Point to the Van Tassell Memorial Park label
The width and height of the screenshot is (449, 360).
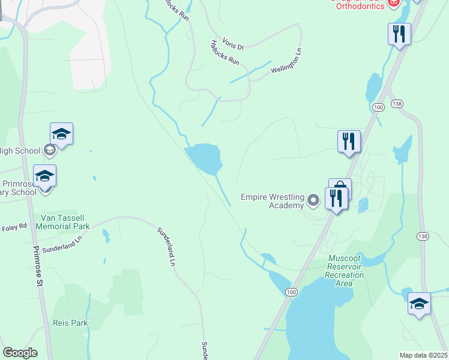(x=62, y=222)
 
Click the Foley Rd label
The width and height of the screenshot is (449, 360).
(x=14, y=227)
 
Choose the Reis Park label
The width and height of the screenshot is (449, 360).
(x=70, y=323)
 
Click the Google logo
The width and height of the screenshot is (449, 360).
(x=20, y=353)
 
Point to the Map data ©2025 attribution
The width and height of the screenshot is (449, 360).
(x=423, y=355)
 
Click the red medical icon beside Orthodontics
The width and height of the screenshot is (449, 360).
(x=394, y=2)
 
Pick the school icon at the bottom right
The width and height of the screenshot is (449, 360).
(x=419, y=303)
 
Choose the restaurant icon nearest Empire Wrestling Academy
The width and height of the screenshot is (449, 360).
(x=337, y=198)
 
